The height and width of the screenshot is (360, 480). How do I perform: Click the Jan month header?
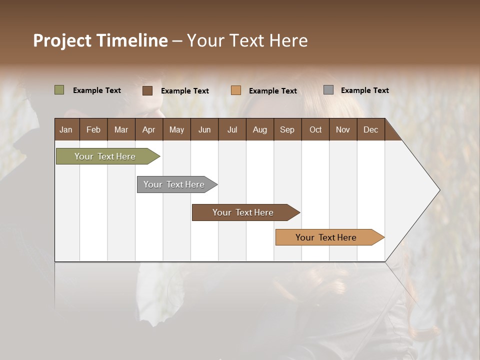[66, 129]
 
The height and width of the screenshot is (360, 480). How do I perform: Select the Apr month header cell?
[148, 129]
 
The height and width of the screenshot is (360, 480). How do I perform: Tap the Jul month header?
[232, 129]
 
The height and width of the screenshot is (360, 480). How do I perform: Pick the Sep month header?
[287, 129]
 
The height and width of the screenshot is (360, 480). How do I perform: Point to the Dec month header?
[370, 129]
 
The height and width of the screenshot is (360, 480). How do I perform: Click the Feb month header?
[93, 129]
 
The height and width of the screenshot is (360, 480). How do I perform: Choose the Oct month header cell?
[315, 129]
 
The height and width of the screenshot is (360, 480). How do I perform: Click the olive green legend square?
[59, 90]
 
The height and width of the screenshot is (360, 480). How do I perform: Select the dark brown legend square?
[147, 90]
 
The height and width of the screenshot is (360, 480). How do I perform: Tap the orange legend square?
[236, 90]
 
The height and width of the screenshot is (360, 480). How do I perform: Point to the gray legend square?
[328, 90]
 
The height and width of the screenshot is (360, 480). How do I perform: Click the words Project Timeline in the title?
[100, 40]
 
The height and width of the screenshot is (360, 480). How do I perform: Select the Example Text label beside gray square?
[364, 90]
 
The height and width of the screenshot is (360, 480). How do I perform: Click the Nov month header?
[343, 129]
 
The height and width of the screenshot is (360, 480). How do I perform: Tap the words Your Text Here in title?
[247, 40]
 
